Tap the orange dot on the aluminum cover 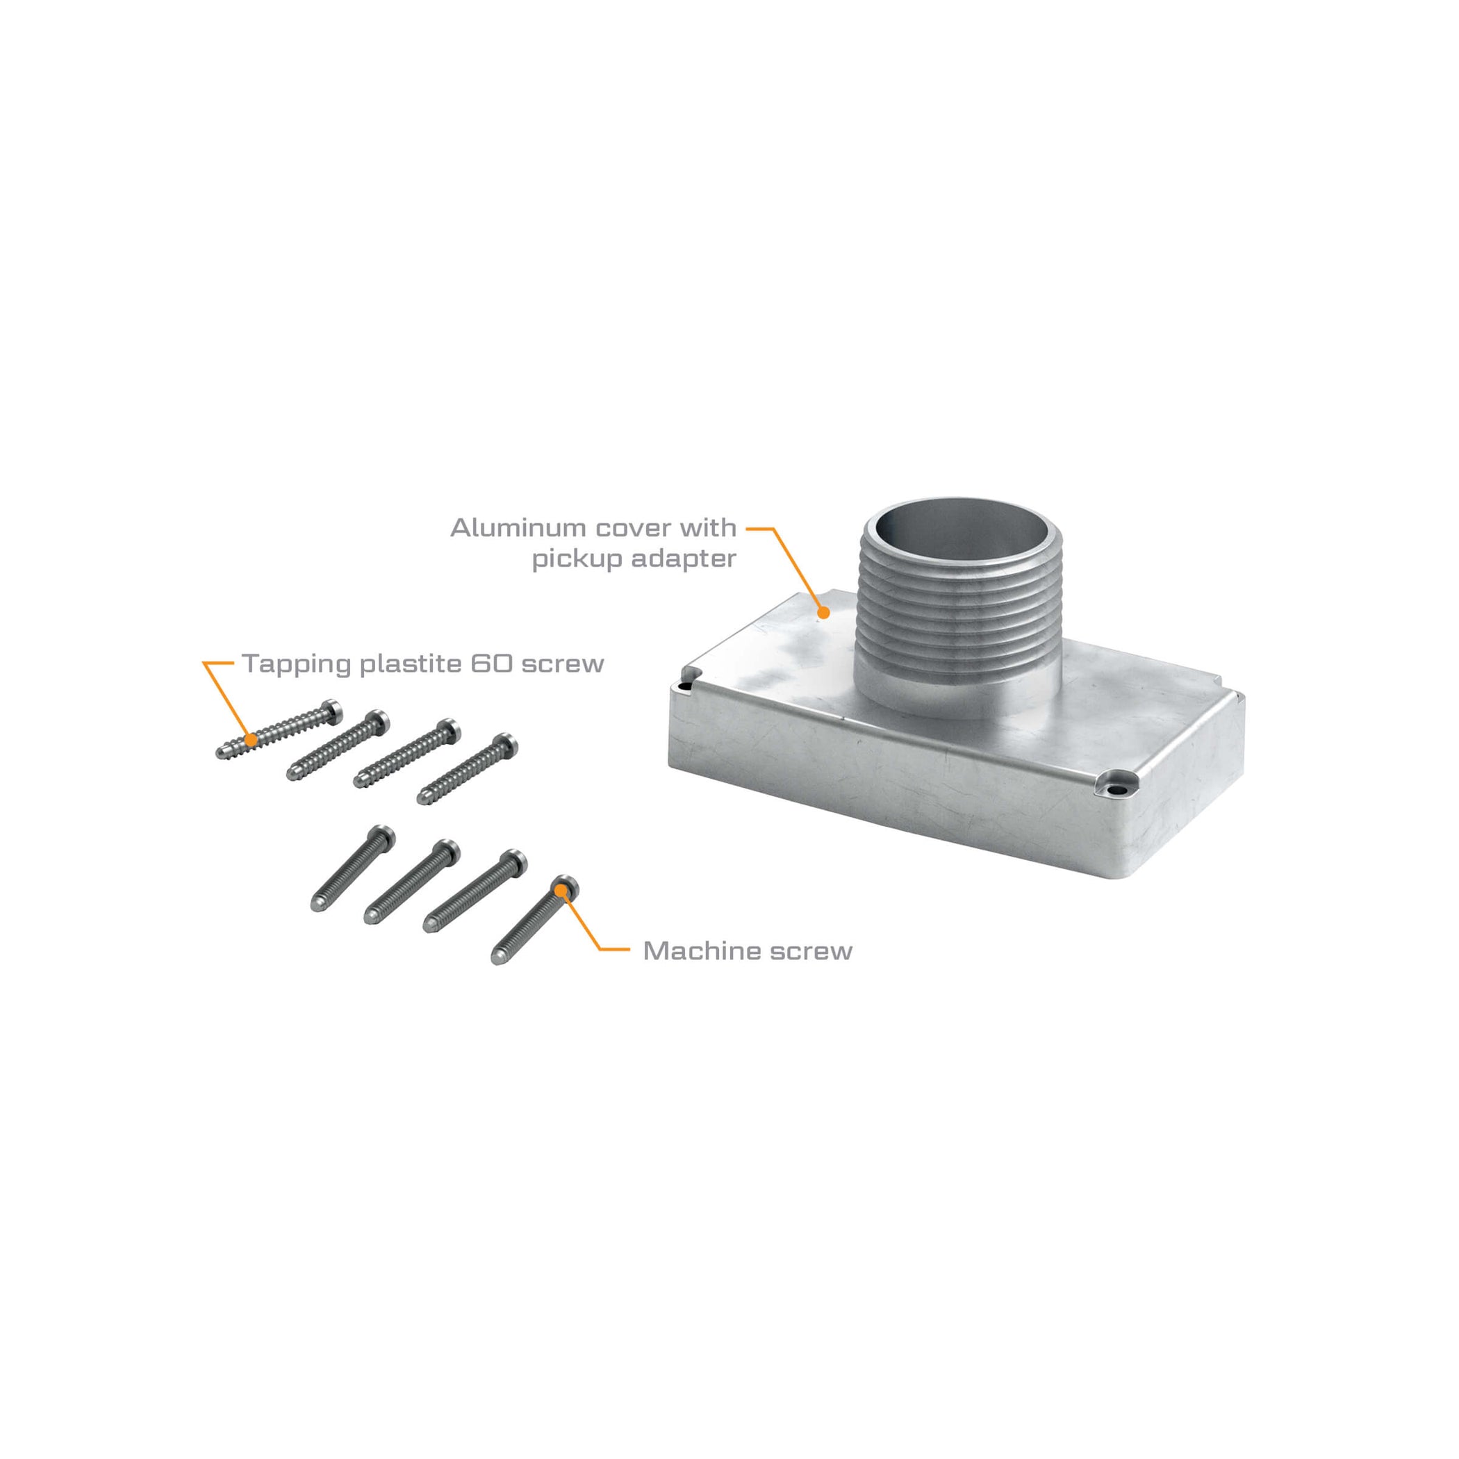(824, 613)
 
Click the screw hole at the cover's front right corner (1115, 790)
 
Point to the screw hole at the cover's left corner (685, 687)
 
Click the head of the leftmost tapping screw (330, 709)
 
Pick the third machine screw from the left (475, 891)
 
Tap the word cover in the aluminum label (627, 528)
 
